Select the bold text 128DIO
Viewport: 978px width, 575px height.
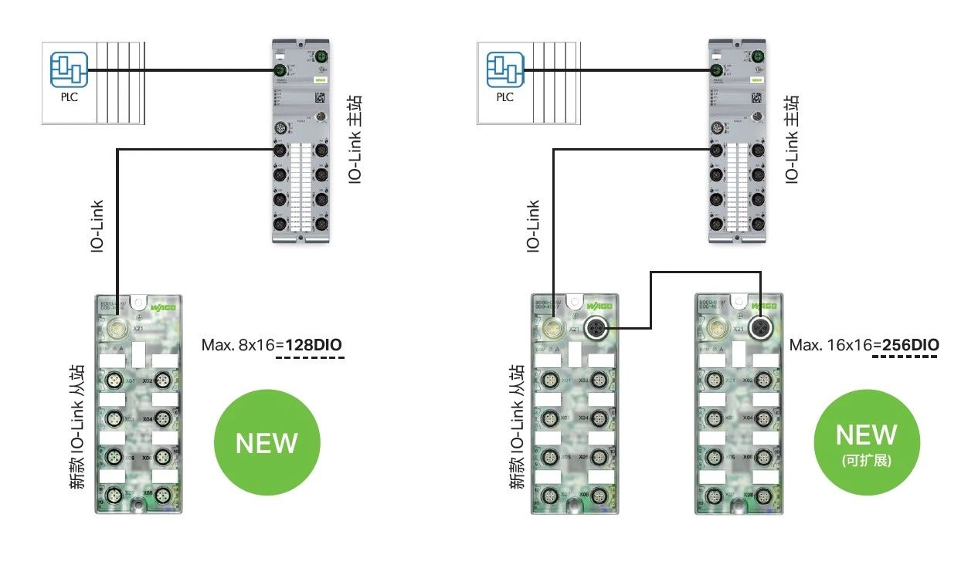(x=314, y=344)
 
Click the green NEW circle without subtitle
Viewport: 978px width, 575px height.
(x=267, y=442)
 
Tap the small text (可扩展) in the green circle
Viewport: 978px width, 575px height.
(x=867, y=461)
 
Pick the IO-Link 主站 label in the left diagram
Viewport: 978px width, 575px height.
(x=355, y=139)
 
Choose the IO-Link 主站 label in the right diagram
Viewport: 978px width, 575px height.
(x=791, y=139)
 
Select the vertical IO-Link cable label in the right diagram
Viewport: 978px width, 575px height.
(x=533, y=225)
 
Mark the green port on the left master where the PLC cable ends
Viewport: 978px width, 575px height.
(x=280, y=72)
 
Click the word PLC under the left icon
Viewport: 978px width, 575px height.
(x=69, y=98)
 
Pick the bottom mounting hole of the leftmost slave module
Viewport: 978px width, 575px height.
(x=138, y=506)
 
